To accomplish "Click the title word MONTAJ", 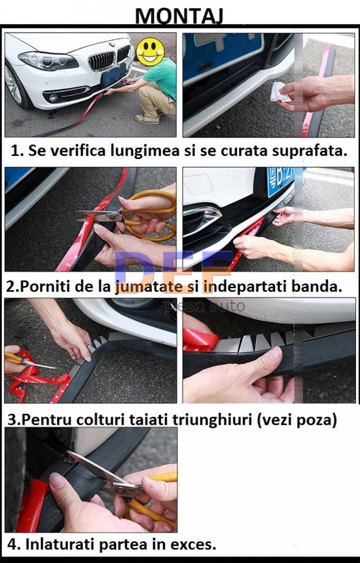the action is [179, 16].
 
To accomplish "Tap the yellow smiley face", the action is [151, 51].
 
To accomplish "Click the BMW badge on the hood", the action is [111, 44].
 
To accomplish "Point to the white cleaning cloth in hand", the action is [279, 92].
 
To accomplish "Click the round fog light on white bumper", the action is [53, 97].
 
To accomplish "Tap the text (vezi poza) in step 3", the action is [297, 419].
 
